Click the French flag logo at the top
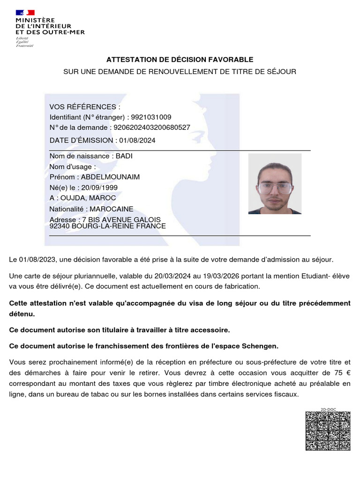tap(25, 13)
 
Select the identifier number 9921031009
tap(151, 117)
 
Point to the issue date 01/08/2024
tap(137, 140)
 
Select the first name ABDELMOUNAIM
tap(111, 177)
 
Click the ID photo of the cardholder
tap(275, 184)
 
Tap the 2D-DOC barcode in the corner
tap(328, 430)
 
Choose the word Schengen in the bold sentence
tap(259, 346)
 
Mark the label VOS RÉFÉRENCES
tap(85, 107)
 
